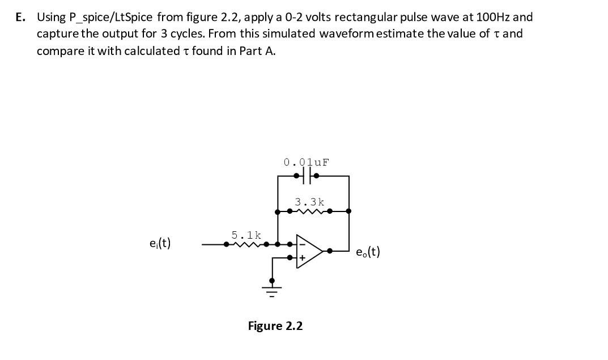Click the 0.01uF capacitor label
tap(307, 163)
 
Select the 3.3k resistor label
tap(310, 202)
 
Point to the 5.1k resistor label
tap(246, 235)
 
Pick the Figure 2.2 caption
tap(275, 326)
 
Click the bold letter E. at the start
tap(21, 16)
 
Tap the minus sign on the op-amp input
tap(302, 244)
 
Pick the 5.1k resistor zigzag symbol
tap(248, 245)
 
